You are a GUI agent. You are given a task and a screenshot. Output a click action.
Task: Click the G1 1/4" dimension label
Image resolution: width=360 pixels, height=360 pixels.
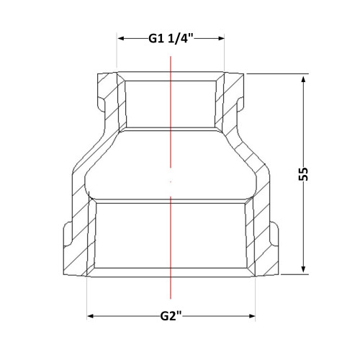coord(171,38)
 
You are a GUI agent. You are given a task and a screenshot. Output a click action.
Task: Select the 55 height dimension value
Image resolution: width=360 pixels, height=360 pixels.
coord(303,174)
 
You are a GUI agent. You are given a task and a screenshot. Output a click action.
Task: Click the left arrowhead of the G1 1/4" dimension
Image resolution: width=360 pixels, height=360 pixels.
coord(120,38)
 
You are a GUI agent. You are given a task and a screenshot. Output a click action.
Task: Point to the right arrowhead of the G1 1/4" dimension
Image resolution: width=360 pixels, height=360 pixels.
coord(221,38)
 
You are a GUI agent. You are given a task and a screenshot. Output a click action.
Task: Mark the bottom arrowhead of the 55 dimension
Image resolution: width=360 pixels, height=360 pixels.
coord(303,269)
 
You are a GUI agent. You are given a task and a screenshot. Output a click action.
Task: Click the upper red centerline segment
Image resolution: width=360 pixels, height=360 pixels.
coord(171,112)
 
